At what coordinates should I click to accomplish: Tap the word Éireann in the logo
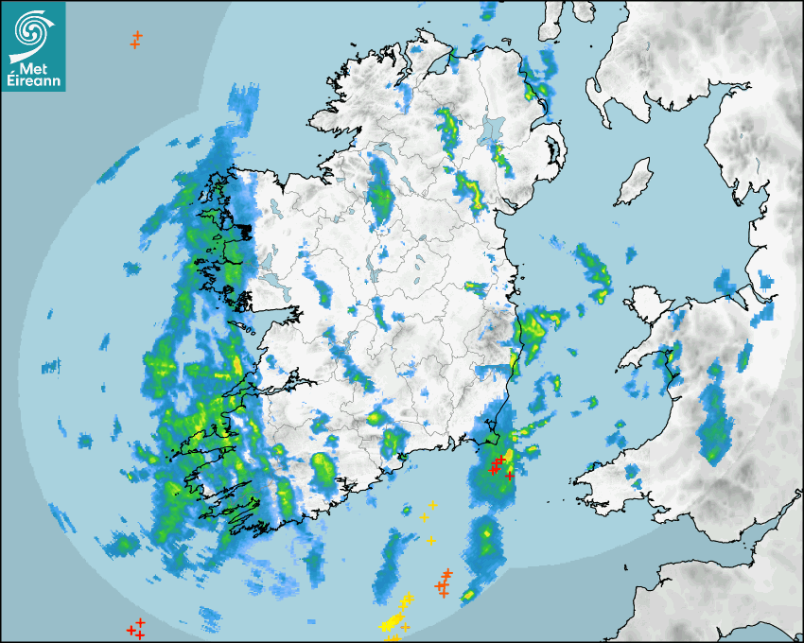pos(34,82)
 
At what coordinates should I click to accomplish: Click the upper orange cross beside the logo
pos(138,36)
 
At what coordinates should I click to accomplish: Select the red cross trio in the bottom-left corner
pos(136,628)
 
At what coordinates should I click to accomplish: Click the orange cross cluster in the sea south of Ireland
pos(443,584)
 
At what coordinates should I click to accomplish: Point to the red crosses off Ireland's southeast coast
pos(498,465)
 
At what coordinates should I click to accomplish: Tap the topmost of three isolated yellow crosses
pos(432,505)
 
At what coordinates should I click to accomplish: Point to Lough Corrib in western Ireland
pos(274,283)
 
